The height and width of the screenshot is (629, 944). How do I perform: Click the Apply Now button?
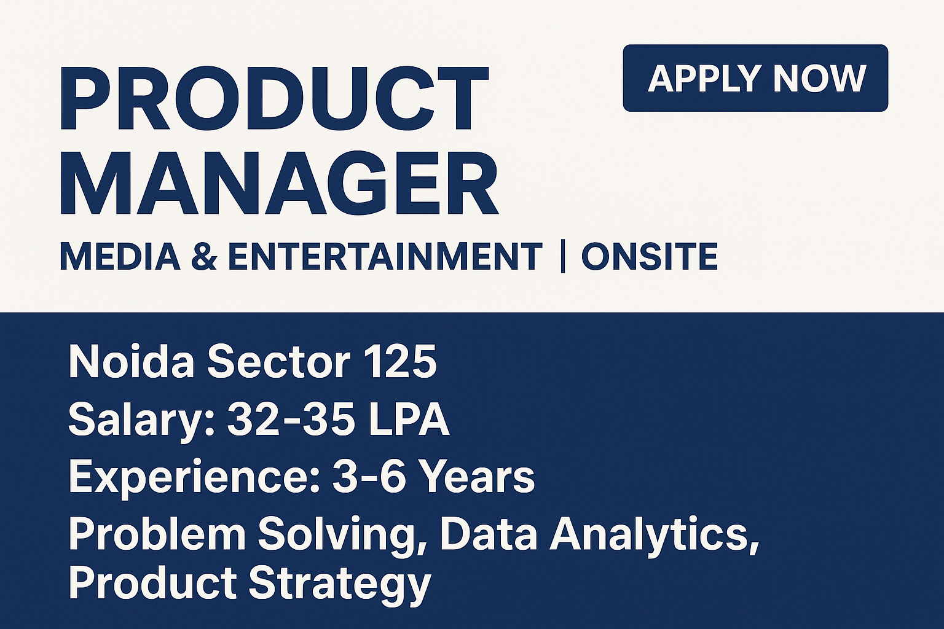[x=755, y=78]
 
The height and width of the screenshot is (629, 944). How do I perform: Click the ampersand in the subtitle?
[x=203, y=257]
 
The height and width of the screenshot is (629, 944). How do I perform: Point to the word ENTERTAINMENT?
[x=385, y=257]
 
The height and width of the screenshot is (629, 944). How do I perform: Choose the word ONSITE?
[x=649, y=257]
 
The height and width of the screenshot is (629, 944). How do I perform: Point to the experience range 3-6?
[x=369, y=476]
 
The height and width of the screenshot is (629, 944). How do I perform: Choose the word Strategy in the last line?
[x=340, y=584]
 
